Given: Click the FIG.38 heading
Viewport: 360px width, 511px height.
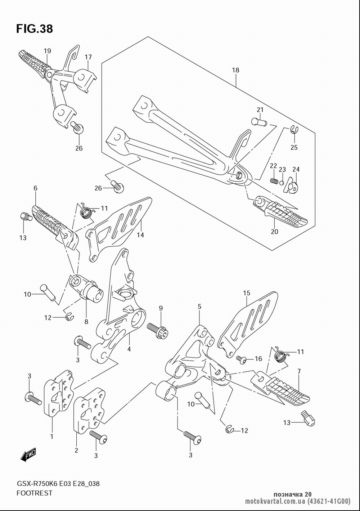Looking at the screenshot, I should click(x=35, y=29).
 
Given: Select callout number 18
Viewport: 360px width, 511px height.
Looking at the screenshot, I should click(x=235, y=70).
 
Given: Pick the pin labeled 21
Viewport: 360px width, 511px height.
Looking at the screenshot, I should click(x=258, y=122).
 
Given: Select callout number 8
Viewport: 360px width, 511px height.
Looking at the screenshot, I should click(x=86, y=322).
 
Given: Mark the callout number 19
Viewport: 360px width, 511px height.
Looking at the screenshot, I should click(x=48, y=51).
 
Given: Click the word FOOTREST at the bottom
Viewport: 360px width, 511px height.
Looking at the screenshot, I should click(x=34, y=493).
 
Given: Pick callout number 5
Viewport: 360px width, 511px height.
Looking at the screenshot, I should click(x=199, y=306).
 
